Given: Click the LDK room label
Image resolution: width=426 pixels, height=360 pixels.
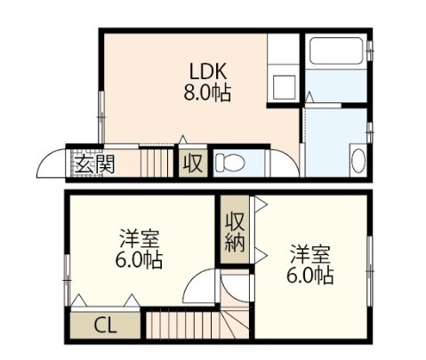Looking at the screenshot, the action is coord(208,71).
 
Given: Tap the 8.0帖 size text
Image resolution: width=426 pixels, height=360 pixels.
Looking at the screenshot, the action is coord(207,92).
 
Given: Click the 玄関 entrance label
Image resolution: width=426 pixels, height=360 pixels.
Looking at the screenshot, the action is coord(94,164).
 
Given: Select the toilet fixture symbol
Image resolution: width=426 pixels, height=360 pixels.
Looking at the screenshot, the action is coord(229,163).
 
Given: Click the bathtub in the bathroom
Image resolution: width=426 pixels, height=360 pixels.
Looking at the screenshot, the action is coord(336,51).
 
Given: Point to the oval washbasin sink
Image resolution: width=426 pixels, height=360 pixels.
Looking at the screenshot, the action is coord(358,160).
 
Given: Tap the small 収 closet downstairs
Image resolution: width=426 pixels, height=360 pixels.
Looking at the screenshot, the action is coord(193,164).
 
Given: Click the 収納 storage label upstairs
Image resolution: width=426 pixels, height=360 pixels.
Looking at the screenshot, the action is coord(235,233).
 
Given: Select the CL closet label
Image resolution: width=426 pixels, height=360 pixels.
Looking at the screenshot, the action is coord(105,326).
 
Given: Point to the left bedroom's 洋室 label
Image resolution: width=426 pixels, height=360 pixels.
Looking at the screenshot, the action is coord(140,239).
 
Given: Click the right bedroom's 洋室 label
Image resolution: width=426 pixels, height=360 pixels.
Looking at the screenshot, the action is coord(310,254).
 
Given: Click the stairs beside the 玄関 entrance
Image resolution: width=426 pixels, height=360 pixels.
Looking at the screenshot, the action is coord(157,163).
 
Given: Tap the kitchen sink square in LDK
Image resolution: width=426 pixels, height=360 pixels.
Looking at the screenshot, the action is coord(285,87).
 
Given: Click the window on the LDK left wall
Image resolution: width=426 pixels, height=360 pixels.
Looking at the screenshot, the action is coord(101,117).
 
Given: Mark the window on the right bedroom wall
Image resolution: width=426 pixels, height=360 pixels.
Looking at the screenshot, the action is coord(369,271).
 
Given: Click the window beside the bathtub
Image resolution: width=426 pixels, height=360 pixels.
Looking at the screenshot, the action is coord(369,51).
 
